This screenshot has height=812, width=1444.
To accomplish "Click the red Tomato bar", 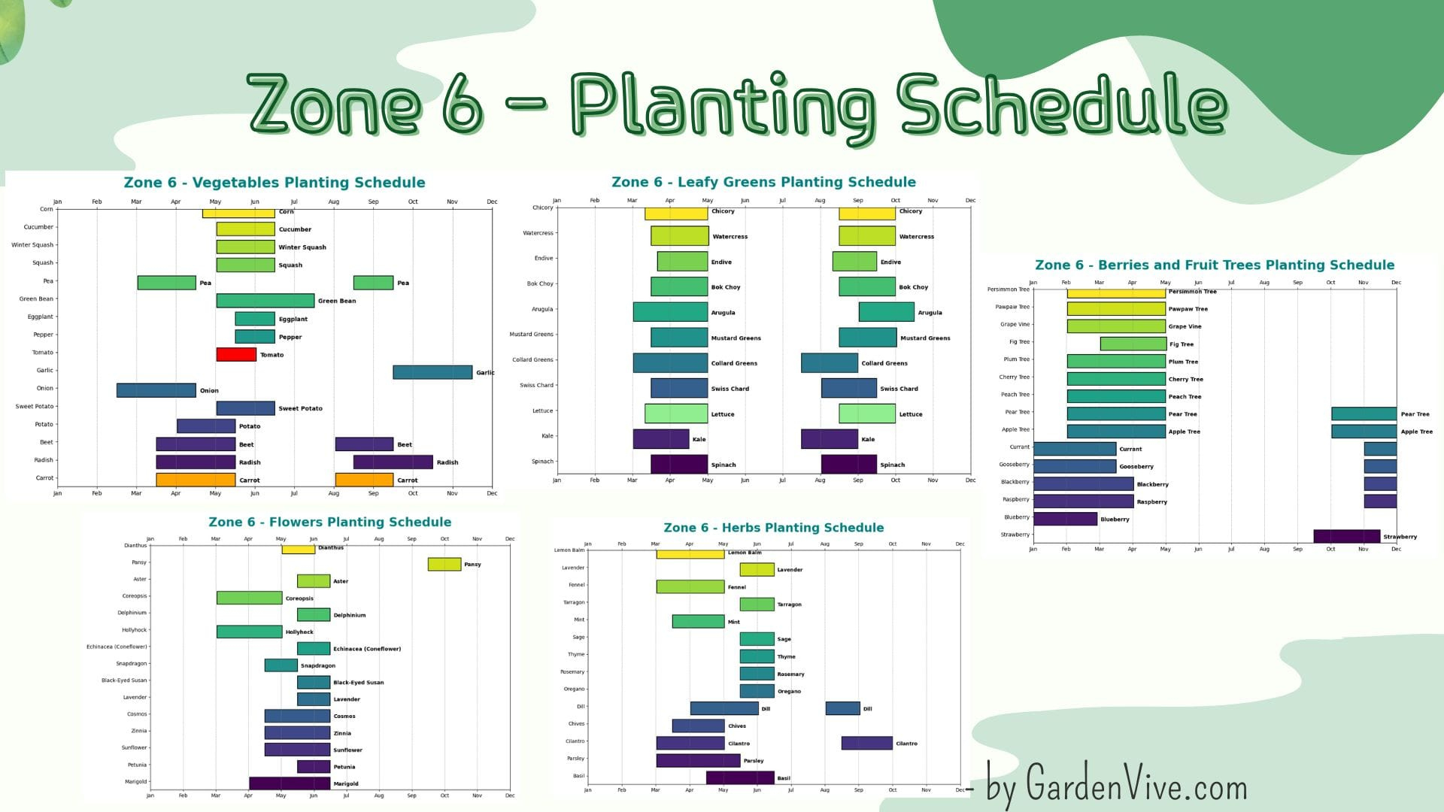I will click(236, 354).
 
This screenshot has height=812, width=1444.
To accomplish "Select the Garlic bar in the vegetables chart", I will click(432, 372).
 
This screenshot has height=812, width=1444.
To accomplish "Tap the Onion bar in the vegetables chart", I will click(156, 390).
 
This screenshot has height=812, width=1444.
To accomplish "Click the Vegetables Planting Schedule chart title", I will click(275, 183).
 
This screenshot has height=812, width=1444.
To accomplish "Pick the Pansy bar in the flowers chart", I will click(444, 564).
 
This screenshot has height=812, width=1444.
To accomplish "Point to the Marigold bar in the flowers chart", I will click(290, 783).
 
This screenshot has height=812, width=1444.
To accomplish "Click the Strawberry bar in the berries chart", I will click(1346, 536).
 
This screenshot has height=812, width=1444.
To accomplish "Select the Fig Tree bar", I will click(1133, 344).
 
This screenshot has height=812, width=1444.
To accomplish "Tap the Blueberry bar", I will click(1065, 519).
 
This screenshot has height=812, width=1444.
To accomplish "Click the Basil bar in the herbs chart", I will click(740, 777).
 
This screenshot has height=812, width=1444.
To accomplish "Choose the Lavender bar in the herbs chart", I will click(757, 569).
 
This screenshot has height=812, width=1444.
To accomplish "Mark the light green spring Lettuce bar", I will click(676, 414).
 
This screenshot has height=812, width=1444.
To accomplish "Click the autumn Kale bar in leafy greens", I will click(829, 438).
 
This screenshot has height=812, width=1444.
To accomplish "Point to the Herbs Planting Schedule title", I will click(773, 528).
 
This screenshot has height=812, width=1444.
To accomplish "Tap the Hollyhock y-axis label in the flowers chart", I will click(135, 630).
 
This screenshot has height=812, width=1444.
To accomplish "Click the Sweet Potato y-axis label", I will click(35, 407).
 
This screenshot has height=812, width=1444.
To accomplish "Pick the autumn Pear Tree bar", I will click(1364, 414).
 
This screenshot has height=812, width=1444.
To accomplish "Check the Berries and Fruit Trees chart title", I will click(1214, 265).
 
